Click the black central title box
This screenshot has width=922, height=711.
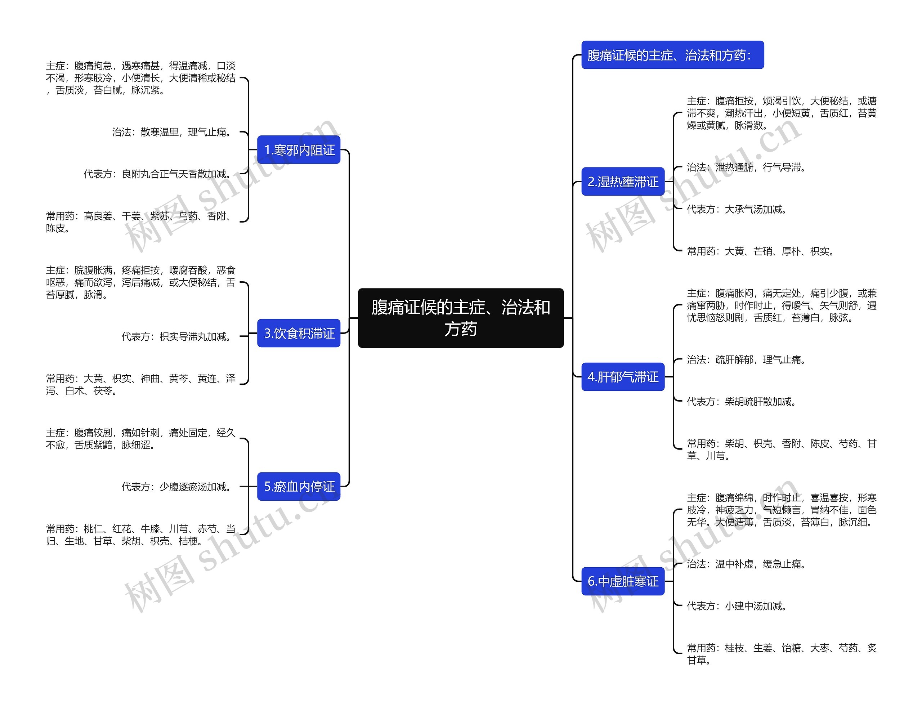460,318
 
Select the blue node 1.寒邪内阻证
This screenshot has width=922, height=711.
299,150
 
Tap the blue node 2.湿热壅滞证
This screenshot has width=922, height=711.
623,182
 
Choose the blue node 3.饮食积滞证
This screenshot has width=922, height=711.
299,333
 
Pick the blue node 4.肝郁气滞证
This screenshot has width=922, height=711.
623,377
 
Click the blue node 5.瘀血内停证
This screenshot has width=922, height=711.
299,486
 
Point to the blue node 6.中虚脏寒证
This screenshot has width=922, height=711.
623,581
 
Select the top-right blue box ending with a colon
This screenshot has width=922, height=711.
672,55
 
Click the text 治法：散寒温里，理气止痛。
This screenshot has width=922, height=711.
173,132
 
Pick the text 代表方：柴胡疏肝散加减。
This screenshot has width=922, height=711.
742,402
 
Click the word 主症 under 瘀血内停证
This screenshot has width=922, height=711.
55,433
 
